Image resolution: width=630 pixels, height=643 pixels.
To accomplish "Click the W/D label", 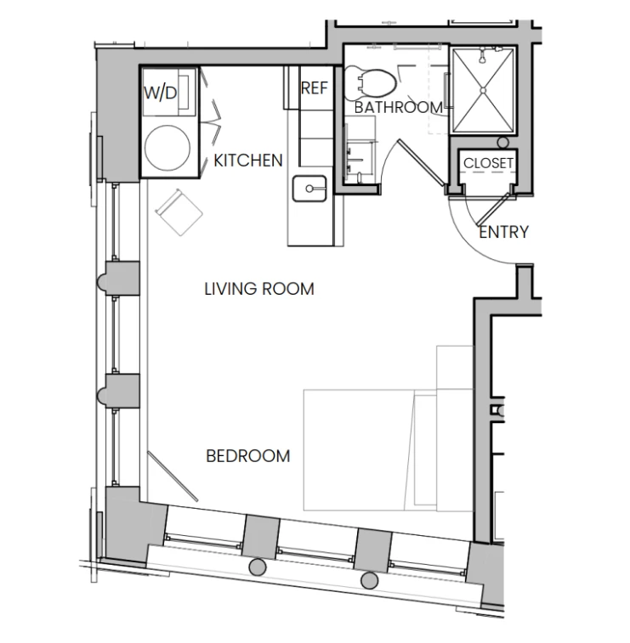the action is click(x=161, y=93).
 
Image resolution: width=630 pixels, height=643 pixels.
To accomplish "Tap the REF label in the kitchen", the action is click(x=315, y=88).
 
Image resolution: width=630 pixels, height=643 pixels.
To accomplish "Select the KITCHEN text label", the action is click(x=248, y=161).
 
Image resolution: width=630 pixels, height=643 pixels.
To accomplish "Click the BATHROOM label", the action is click(x=399, y=107).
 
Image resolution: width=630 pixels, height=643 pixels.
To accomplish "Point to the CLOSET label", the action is click(x=488, y=163).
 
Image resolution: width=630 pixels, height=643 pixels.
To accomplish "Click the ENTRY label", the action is click(x=503, y=232).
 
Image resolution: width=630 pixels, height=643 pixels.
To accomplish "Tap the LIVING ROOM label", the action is click(x=259, y=289).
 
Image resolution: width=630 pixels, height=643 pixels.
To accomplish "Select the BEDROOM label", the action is click(x=248, y=456).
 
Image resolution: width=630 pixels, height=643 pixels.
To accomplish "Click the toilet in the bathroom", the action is click(x=371, y=83).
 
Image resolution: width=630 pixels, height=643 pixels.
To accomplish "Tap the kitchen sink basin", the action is click(x=309, y=189).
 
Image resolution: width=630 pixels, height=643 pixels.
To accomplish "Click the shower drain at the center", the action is click(x=483, y=90).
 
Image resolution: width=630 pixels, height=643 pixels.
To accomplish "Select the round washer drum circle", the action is click(x=167, y=148).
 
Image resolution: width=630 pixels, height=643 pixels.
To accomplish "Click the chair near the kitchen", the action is click(x=179, y=212).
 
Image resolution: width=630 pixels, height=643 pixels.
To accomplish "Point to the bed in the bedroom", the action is click(x=389, y=450).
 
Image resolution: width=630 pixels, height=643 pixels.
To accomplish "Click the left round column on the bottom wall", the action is click(x=258, y=567).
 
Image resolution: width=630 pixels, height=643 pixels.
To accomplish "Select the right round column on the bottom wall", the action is click(x=369, y=581).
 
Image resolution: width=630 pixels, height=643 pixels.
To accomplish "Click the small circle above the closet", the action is click(x=503, y=143).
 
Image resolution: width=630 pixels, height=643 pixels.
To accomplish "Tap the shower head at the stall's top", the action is click(x=483, y=56).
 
